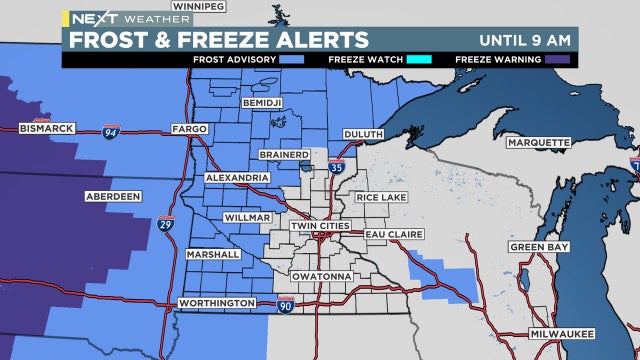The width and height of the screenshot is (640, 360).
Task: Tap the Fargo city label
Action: (188, 129)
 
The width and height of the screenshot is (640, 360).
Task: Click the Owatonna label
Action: (320, 275)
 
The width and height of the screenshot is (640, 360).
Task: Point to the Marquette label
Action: (537, 142)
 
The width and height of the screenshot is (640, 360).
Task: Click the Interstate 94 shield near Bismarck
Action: (110, 131)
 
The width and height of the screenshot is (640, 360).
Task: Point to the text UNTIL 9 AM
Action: (525, 40)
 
